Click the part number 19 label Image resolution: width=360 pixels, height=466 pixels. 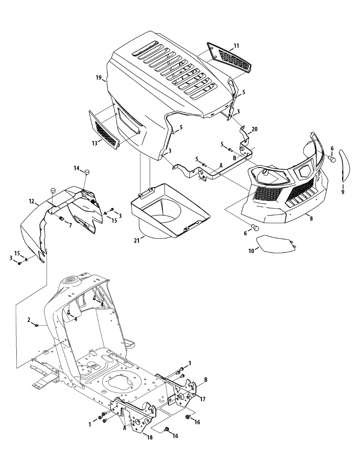point(99,78)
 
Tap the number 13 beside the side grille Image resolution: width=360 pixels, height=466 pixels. point(94,143)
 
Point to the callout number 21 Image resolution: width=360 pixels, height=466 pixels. point(136,241)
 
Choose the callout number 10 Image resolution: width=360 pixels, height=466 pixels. point(251,251)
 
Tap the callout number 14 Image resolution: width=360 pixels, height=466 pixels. point(77,168)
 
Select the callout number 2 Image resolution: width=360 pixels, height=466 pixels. point(29,320)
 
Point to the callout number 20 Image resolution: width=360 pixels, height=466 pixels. point(254,129)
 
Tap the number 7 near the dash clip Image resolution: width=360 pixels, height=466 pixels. point(70,225)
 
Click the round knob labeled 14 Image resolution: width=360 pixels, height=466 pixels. point(87,171)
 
